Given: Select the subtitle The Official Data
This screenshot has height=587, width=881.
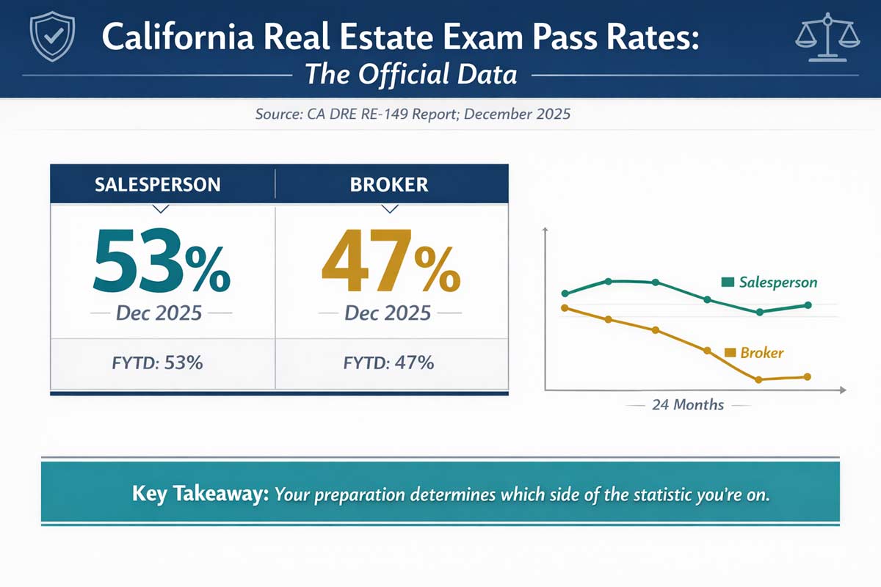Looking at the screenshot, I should coord(411,75).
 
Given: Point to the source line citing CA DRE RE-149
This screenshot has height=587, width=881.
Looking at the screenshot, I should coord(413,115).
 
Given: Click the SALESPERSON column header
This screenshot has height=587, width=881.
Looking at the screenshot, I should coord(158,183).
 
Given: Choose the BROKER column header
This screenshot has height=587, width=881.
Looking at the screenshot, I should coord(390,183).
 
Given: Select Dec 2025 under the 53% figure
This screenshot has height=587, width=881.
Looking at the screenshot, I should coord(159,313).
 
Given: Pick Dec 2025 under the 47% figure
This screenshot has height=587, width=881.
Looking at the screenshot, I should coord(388,313).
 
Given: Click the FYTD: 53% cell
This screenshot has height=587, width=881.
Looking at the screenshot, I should coord(163,362).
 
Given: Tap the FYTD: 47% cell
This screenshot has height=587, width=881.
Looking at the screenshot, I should coord(388,362).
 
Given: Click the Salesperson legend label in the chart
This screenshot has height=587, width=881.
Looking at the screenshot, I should coord(777,282).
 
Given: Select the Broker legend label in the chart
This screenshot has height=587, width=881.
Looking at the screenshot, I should coord(761,353).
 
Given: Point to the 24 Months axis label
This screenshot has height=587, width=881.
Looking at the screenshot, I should coord(687,405).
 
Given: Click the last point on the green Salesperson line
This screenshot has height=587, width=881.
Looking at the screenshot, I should coord(808,305).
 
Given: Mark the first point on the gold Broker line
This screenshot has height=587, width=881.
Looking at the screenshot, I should coord(564,307).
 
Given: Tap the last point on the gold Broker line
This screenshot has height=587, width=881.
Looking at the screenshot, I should coord(807,377).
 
